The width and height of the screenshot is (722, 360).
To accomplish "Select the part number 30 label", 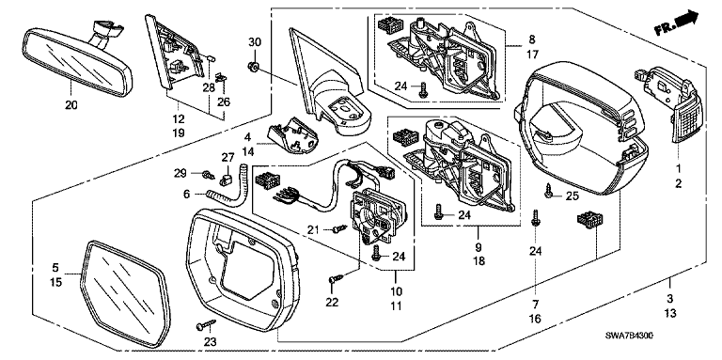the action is pos(255,42).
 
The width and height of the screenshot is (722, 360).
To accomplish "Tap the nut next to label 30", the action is pos(252,68).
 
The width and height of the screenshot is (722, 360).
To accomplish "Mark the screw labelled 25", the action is pos(548,191).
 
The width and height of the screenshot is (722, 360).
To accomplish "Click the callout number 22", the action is pos(332,303).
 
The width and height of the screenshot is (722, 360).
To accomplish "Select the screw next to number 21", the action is pos(339,227).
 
